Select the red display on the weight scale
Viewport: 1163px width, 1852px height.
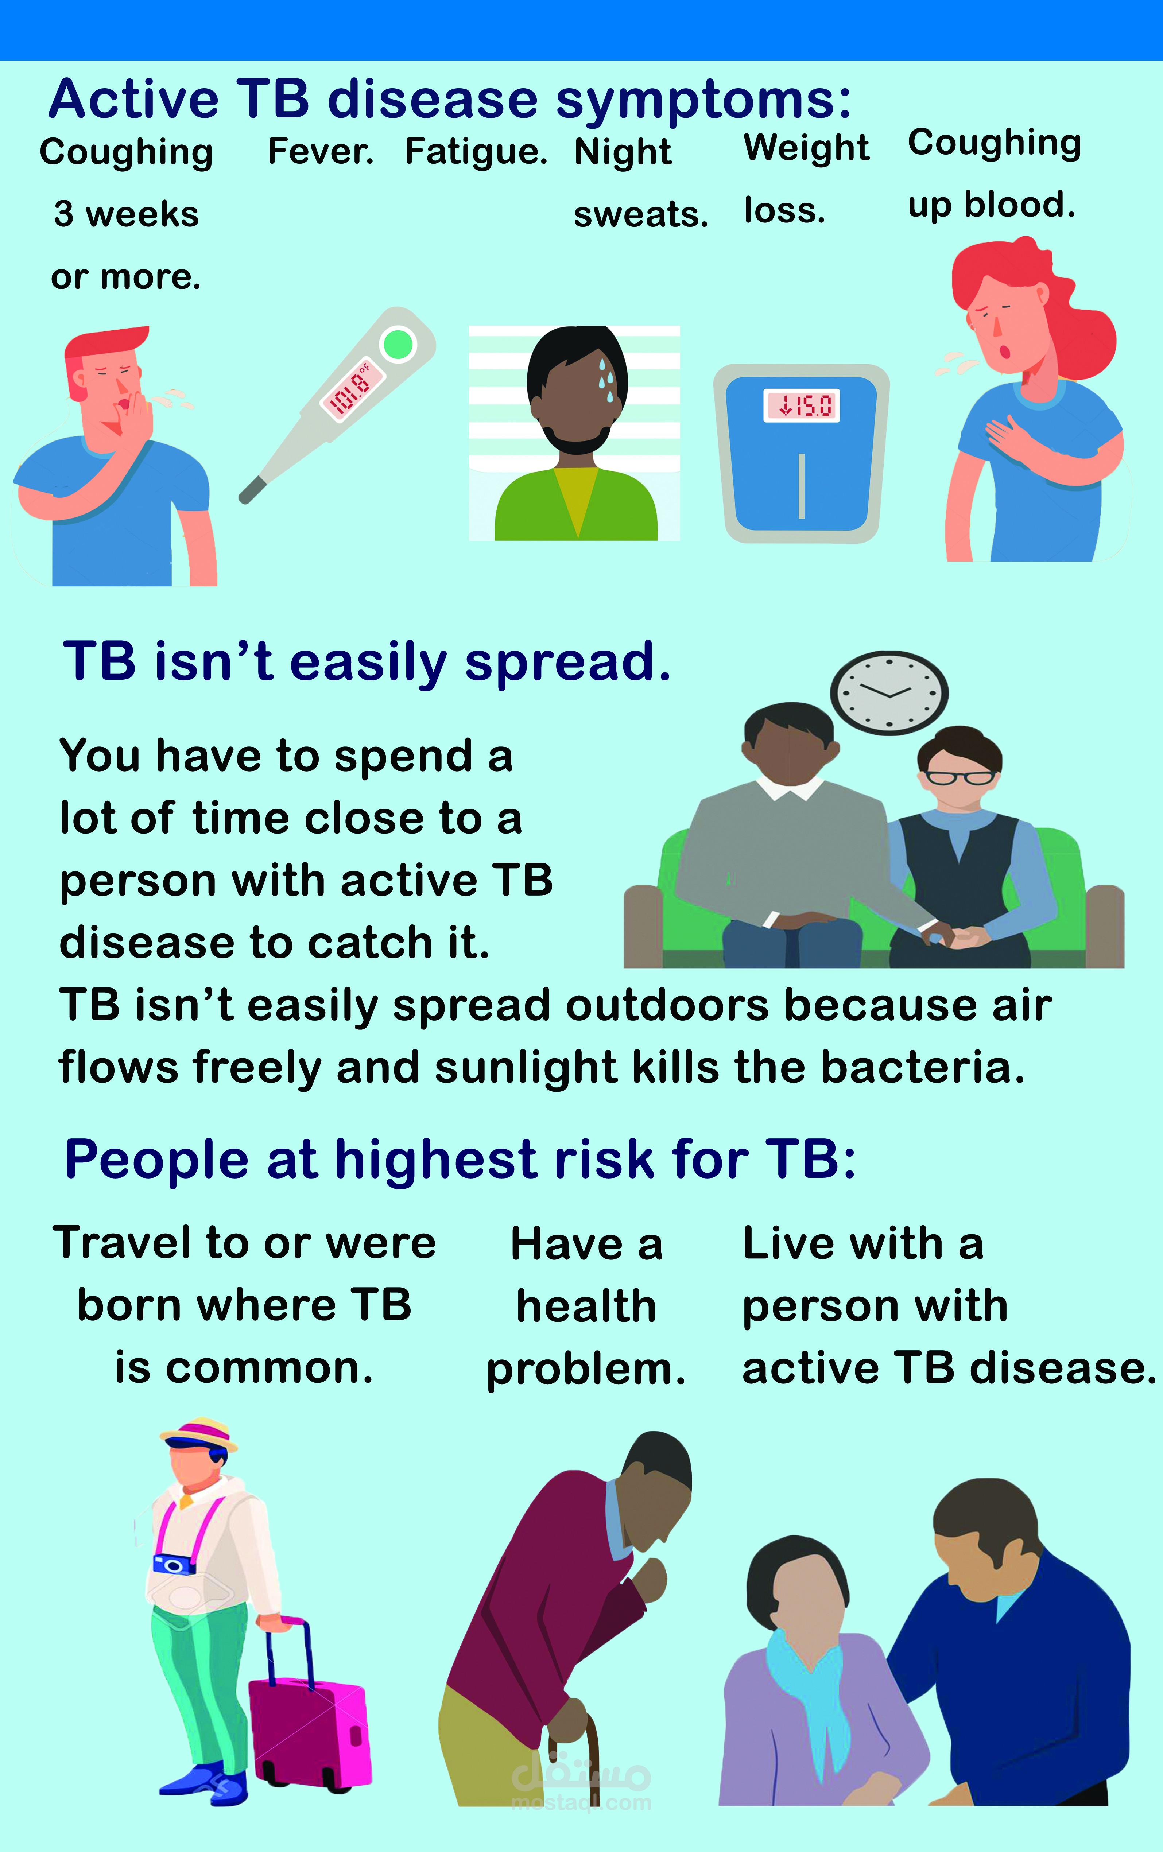point(802,405)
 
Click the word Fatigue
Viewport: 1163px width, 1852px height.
point(476,152)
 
